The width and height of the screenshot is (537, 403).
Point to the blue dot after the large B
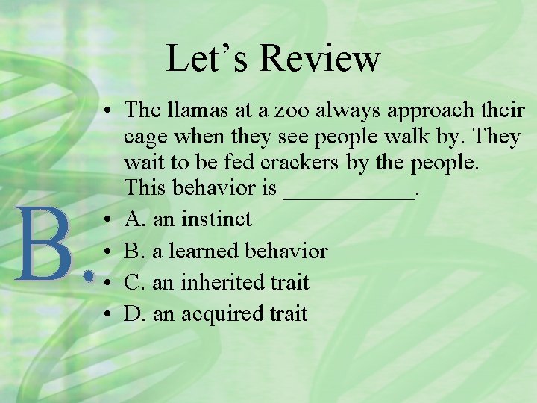coord(90,277)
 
